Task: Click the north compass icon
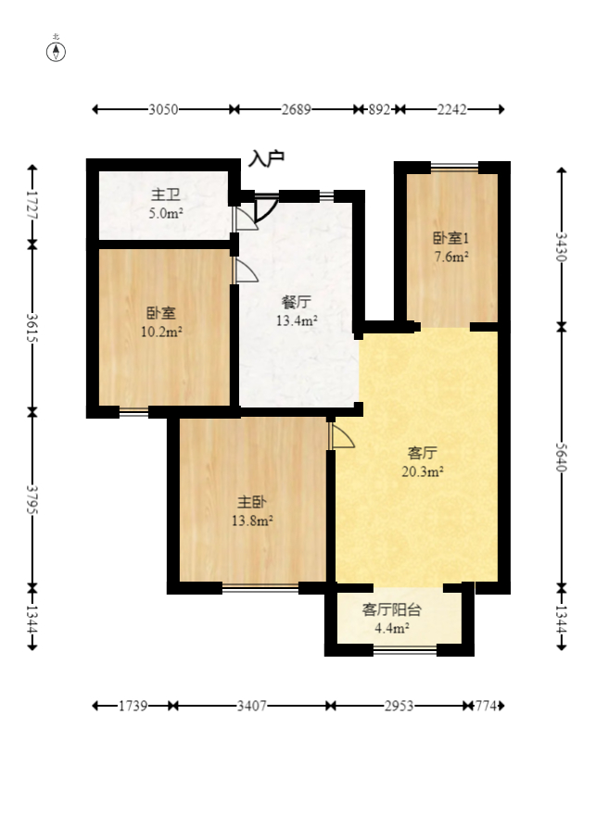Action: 57,50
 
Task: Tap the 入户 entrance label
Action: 266,159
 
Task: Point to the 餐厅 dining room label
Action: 297,302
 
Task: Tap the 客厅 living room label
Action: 423,453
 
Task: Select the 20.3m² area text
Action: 423,471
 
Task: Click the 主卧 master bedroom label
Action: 252,502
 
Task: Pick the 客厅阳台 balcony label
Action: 392,609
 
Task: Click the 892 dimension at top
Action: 379,109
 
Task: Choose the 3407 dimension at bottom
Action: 251,706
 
